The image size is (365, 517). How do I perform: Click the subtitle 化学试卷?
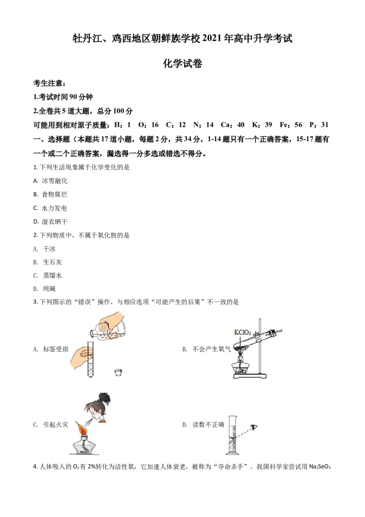pos(182,63)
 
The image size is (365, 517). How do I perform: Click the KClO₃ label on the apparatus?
pos(242,332)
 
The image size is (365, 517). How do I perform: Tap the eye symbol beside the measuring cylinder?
pos(254,427)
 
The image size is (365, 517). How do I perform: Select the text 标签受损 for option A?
pos(56,349)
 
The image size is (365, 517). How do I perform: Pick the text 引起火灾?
pos(56,425)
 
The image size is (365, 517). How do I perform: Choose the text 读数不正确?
pos(208,425)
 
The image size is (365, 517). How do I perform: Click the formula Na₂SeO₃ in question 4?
pos(320,467)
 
